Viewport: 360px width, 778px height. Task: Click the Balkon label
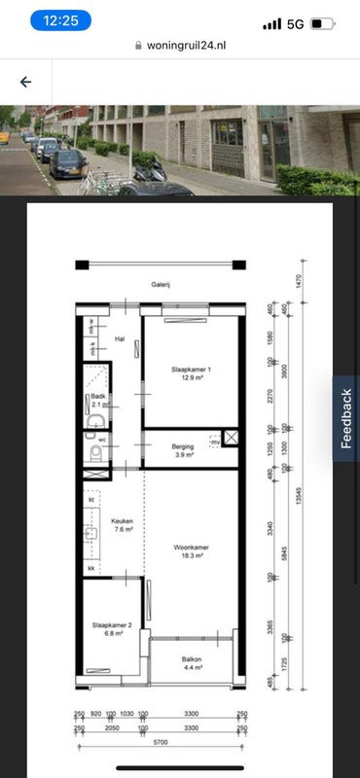(192, 662)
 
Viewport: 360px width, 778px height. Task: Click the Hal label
(121, 338)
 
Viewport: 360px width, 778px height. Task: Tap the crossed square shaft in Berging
(230, 437)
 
